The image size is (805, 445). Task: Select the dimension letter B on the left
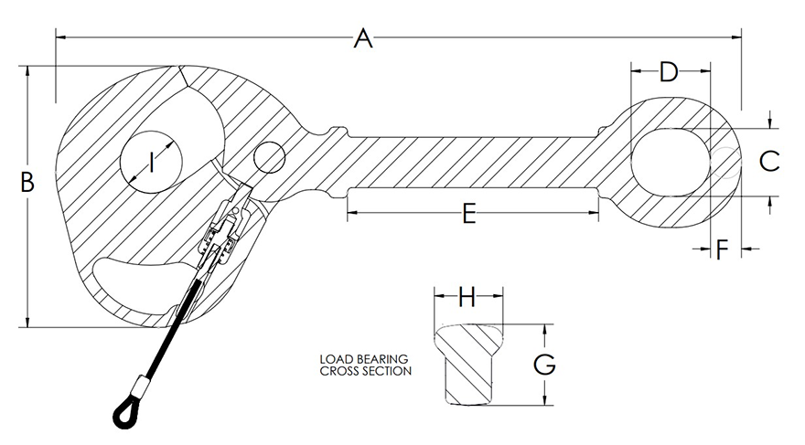coord(27,182)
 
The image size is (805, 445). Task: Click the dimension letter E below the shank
coord(469,215)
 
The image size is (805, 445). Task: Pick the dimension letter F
coord(723,249)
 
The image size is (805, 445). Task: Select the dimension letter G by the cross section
coord(544,365)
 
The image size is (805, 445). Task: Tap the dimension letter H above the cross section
coord(467,297)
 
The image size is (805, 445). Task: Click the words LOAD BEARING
coord(363,359)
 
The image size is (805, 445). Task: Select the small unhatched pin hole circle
coord(271,156)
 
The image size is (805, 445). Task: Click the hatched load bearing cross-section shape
coord(467,366)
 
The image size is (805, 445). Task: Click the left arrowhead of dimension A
coord(60,37)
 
